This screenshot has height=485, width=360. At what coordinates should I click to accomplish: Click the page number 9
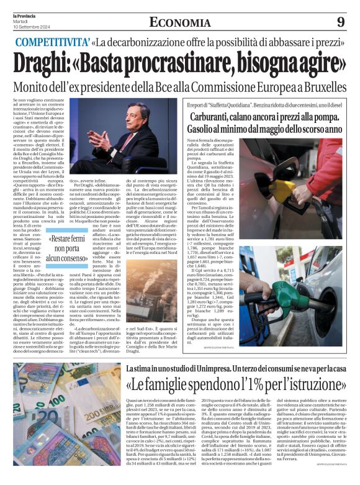[341, 22]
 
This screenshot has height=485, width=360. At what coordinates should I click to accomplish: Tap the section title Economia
[179, 22]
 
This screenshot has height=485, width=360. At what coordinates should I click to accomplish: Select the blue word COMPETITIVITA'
[51, 43]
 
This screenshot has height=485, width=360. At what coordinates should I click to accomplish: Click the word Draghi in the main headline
[47, 64]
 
